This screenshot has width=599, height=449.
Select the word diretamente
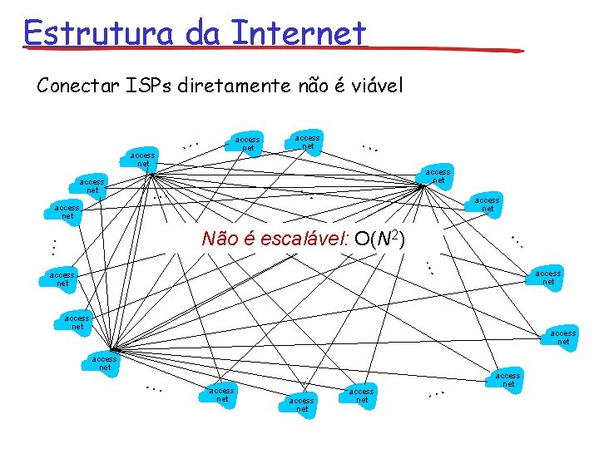click(236, 86)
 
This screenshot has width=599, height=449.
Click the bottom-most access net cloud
click(302, 405)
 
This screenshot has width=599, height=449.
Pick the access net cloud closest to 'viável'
click(307, 141)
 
